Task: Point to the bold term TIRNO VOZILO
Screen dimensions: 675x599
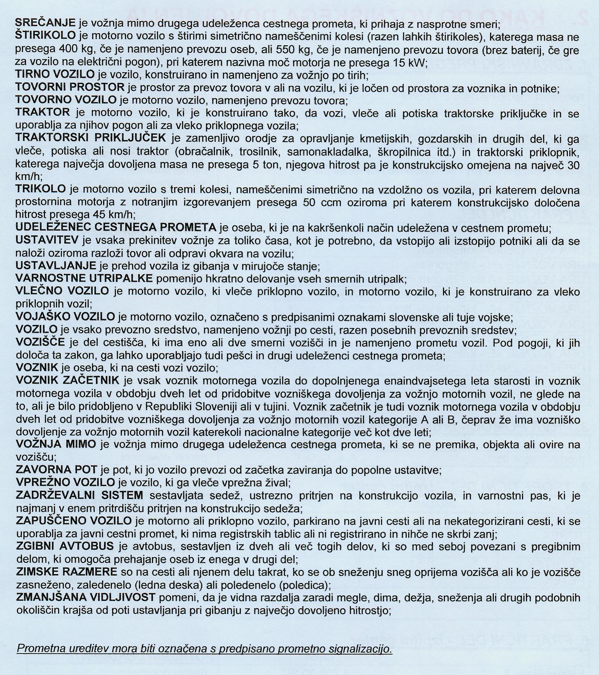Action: pyautogui.click(x=55, y=75)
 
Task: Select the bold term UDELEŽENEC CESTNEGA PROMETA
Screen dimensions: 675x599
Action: pyautogui.click(x=116, y=227)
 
